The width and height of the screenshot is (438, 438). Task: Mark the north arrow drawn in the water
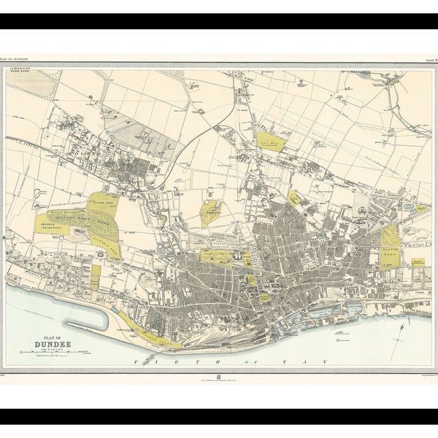point(399,337)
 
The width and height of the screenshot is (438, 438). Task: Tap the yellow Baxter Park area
point(390,247)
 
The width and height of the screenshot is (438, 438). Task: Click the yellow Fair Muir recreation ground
point(269,141)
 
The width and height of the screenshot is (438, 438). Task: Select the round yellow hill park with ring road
point(210,212)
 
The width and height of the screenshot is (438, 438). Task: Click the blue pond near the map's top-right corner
point(364,74)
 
